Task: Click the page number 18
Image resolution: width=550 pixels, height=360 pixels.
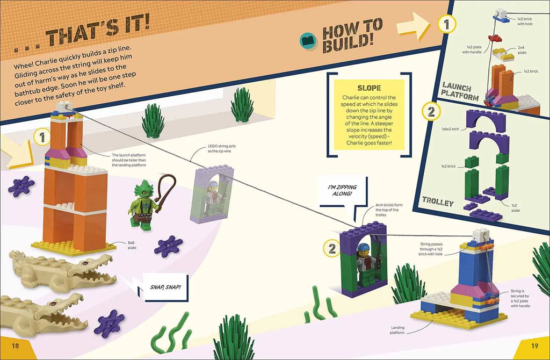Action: tap(16, 345)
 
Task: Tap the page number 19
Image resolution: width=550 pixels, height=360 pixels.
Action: tap(534, 345)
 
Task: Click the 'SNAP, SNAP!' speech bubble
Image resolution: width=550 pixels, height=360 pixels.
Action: tap(165, 287)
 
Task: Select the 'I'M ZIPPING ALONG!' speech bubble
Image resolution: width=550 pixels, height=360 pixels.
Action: tap(342, 191)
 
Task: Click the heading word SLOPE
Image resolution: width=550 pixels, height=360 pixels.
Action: tap(369, 88)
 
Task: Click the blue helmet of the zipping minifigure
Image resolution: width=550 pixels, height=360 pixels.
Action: tap(364, 247)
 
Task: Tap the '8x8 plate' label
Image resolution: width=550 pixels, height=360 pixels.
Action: tap(132, 245)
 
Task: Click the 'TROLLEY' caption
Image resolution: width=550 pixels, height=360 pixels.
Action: tap(438, 201)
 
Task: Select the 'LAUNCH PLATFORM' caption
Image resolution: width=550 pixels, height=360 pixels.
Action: tap(460, 91)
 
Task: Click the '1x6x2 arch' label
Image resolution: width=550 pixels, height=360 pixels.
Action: tap(450, 129)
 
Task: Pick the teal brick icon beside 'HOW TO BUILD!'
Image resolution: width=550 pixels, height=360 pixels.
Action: tap(308, 40)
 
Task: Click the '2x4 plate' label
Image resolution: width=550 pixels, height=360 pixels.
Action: tap(522, 50)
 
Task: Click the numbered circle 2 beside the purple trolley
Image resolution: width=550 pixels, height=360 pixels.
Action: tap(331, 248)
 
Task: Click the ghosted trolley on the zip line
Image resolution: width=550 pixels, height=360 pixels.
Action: tap(211, 193)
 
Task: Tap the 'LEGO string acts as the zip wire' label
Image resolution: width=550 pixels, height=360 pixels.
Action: tap(219, 148)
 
